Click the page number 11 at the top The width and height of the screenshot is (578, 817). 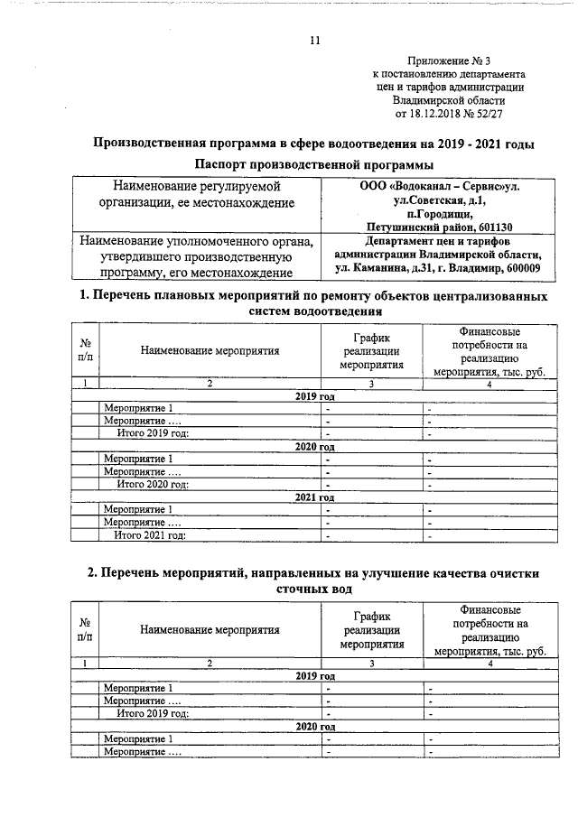click(x=314, y=40)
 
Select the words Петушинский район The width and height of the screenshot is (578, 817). click(x=415, y=227)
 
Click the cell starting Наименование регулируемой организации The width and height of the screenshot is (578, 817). click(x=198, y=195)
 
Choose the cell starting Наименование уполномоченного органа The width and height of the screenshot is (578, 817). click(x=198, y=256)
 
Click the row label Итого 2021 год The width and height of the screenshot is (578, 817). click(x=150, y=535)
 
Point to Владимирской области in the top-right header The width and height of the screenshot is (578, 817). click(x=462, y=102)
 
